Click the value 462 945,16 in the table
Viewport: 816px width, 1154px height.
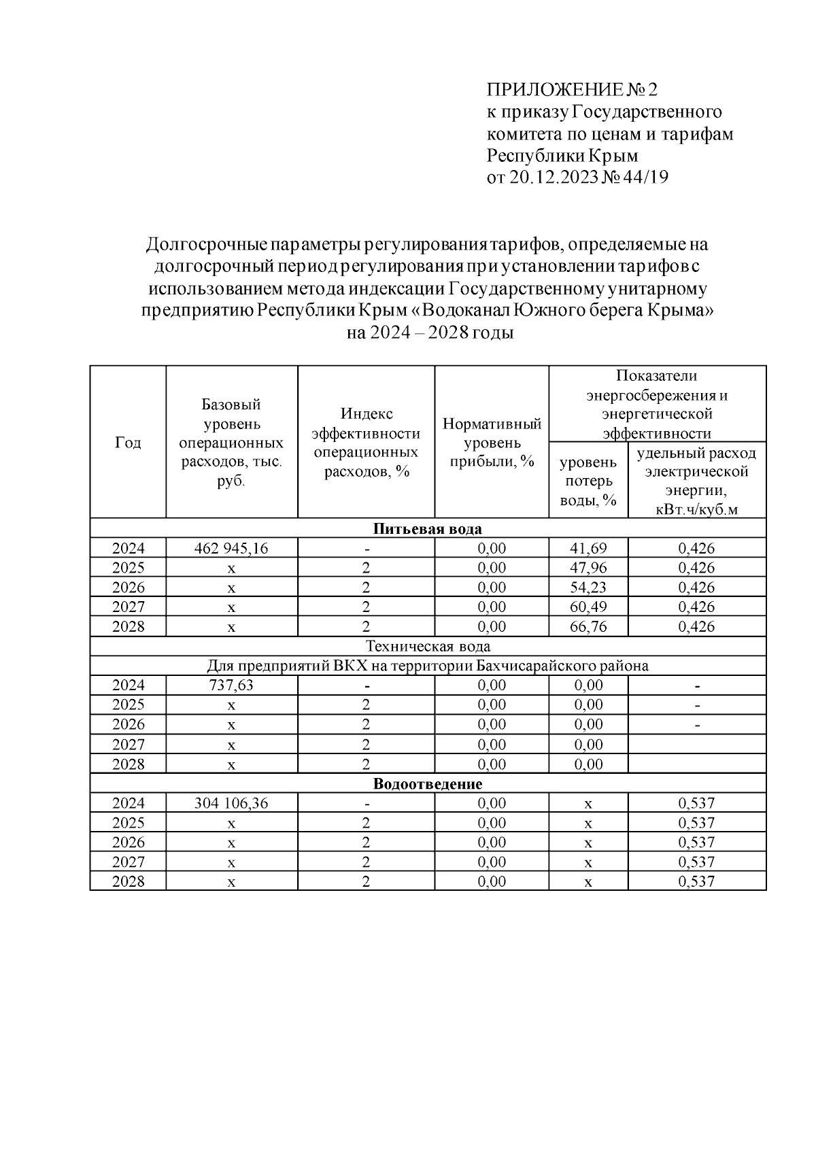point(231,548)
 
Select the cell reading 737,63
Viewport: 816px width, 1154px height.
point(231,685)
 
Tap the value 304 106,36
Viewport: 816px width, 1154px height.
point(231,803)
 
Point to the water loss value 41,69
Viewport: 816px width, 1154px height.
point(588,548)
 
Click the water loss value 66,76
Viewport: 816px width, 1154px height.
point(588,626)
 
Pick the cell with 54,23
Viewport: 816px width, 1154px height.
point(588,588)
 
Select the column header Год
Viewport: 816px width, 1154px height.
point(128,443)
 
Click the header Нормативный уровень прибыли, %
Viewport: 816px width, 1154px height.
point(492,443)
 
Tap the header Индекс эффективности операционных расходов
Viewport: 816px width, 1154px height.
point(366,443)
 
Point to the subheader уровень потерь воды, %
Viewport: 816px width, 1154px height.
point(588,481)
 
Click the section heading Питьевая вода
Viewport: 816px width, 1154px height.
point(428,529)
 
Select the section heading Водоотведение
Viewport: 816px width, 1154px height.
point(428,784)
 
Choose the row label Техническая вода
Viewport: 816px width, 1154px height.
point(428,646)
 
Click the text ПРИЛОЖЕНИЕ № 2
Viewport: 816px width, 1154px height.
point(573,90)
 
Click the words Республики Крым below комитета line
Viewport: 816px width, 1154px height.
point(562,156)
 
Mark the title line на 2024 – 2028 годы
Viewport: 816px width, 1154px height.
point(430,333)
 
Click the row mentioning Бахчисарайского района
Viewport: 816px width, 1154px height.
point(428,666)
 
